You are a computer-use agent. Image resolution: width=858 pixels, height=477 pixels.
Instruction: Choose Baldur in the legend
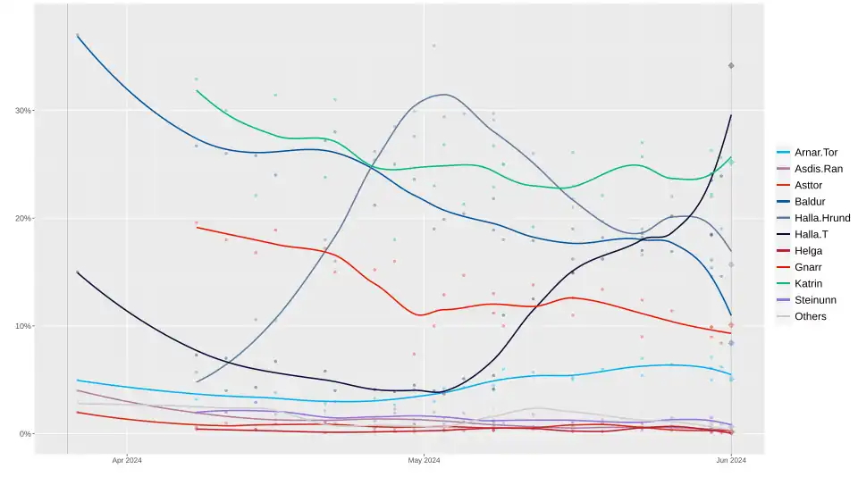pyautogui.click(x=810, y=202)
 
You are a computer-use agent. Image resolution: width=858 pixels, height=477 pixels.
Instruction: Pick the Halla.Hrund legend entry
pyautogui.click(x=822, y=218)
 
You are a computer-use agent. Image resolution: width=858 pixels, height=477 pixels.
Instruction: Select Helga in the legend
pyautogui.click(x=809, y=251)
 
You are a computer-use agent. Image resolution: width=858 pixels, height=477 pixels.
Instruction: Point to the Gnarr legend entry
pyautogui.click(x=809, y=267)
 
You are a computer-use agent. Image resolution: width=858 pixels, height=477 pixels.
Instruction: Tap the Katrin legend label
pyautogui.click(x=809, y=283)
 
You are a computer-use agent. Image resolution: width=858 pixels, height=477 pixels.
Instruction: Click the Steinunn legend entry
pyautogui.click(x=815, y=300)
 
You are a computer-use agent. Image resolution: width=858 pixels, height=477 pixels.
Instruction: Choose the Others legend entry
pyautogui.click(x=811, y=316)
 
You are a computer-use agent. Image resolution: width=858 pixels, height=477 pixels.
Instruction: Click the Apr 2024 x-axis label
pyautogui.click(x=127, y=461)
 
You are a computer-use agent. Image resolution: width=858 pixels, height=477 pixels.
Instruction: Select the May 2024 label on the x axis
pyautogui.click(x=425, y=461)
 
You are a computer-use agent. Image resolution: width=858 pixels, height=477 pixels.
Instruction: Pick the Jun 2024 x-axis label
pyautogui.click(x=731, y=461)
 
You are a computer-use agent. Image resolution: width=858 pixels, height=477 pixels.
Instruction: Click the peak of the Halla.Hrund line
pyautogui.click(x=443, y=95)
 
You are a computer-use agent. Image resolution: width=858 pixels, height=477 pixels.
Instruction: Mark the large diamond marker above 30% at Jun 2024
pyautogui.click(x=731, y=65)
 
